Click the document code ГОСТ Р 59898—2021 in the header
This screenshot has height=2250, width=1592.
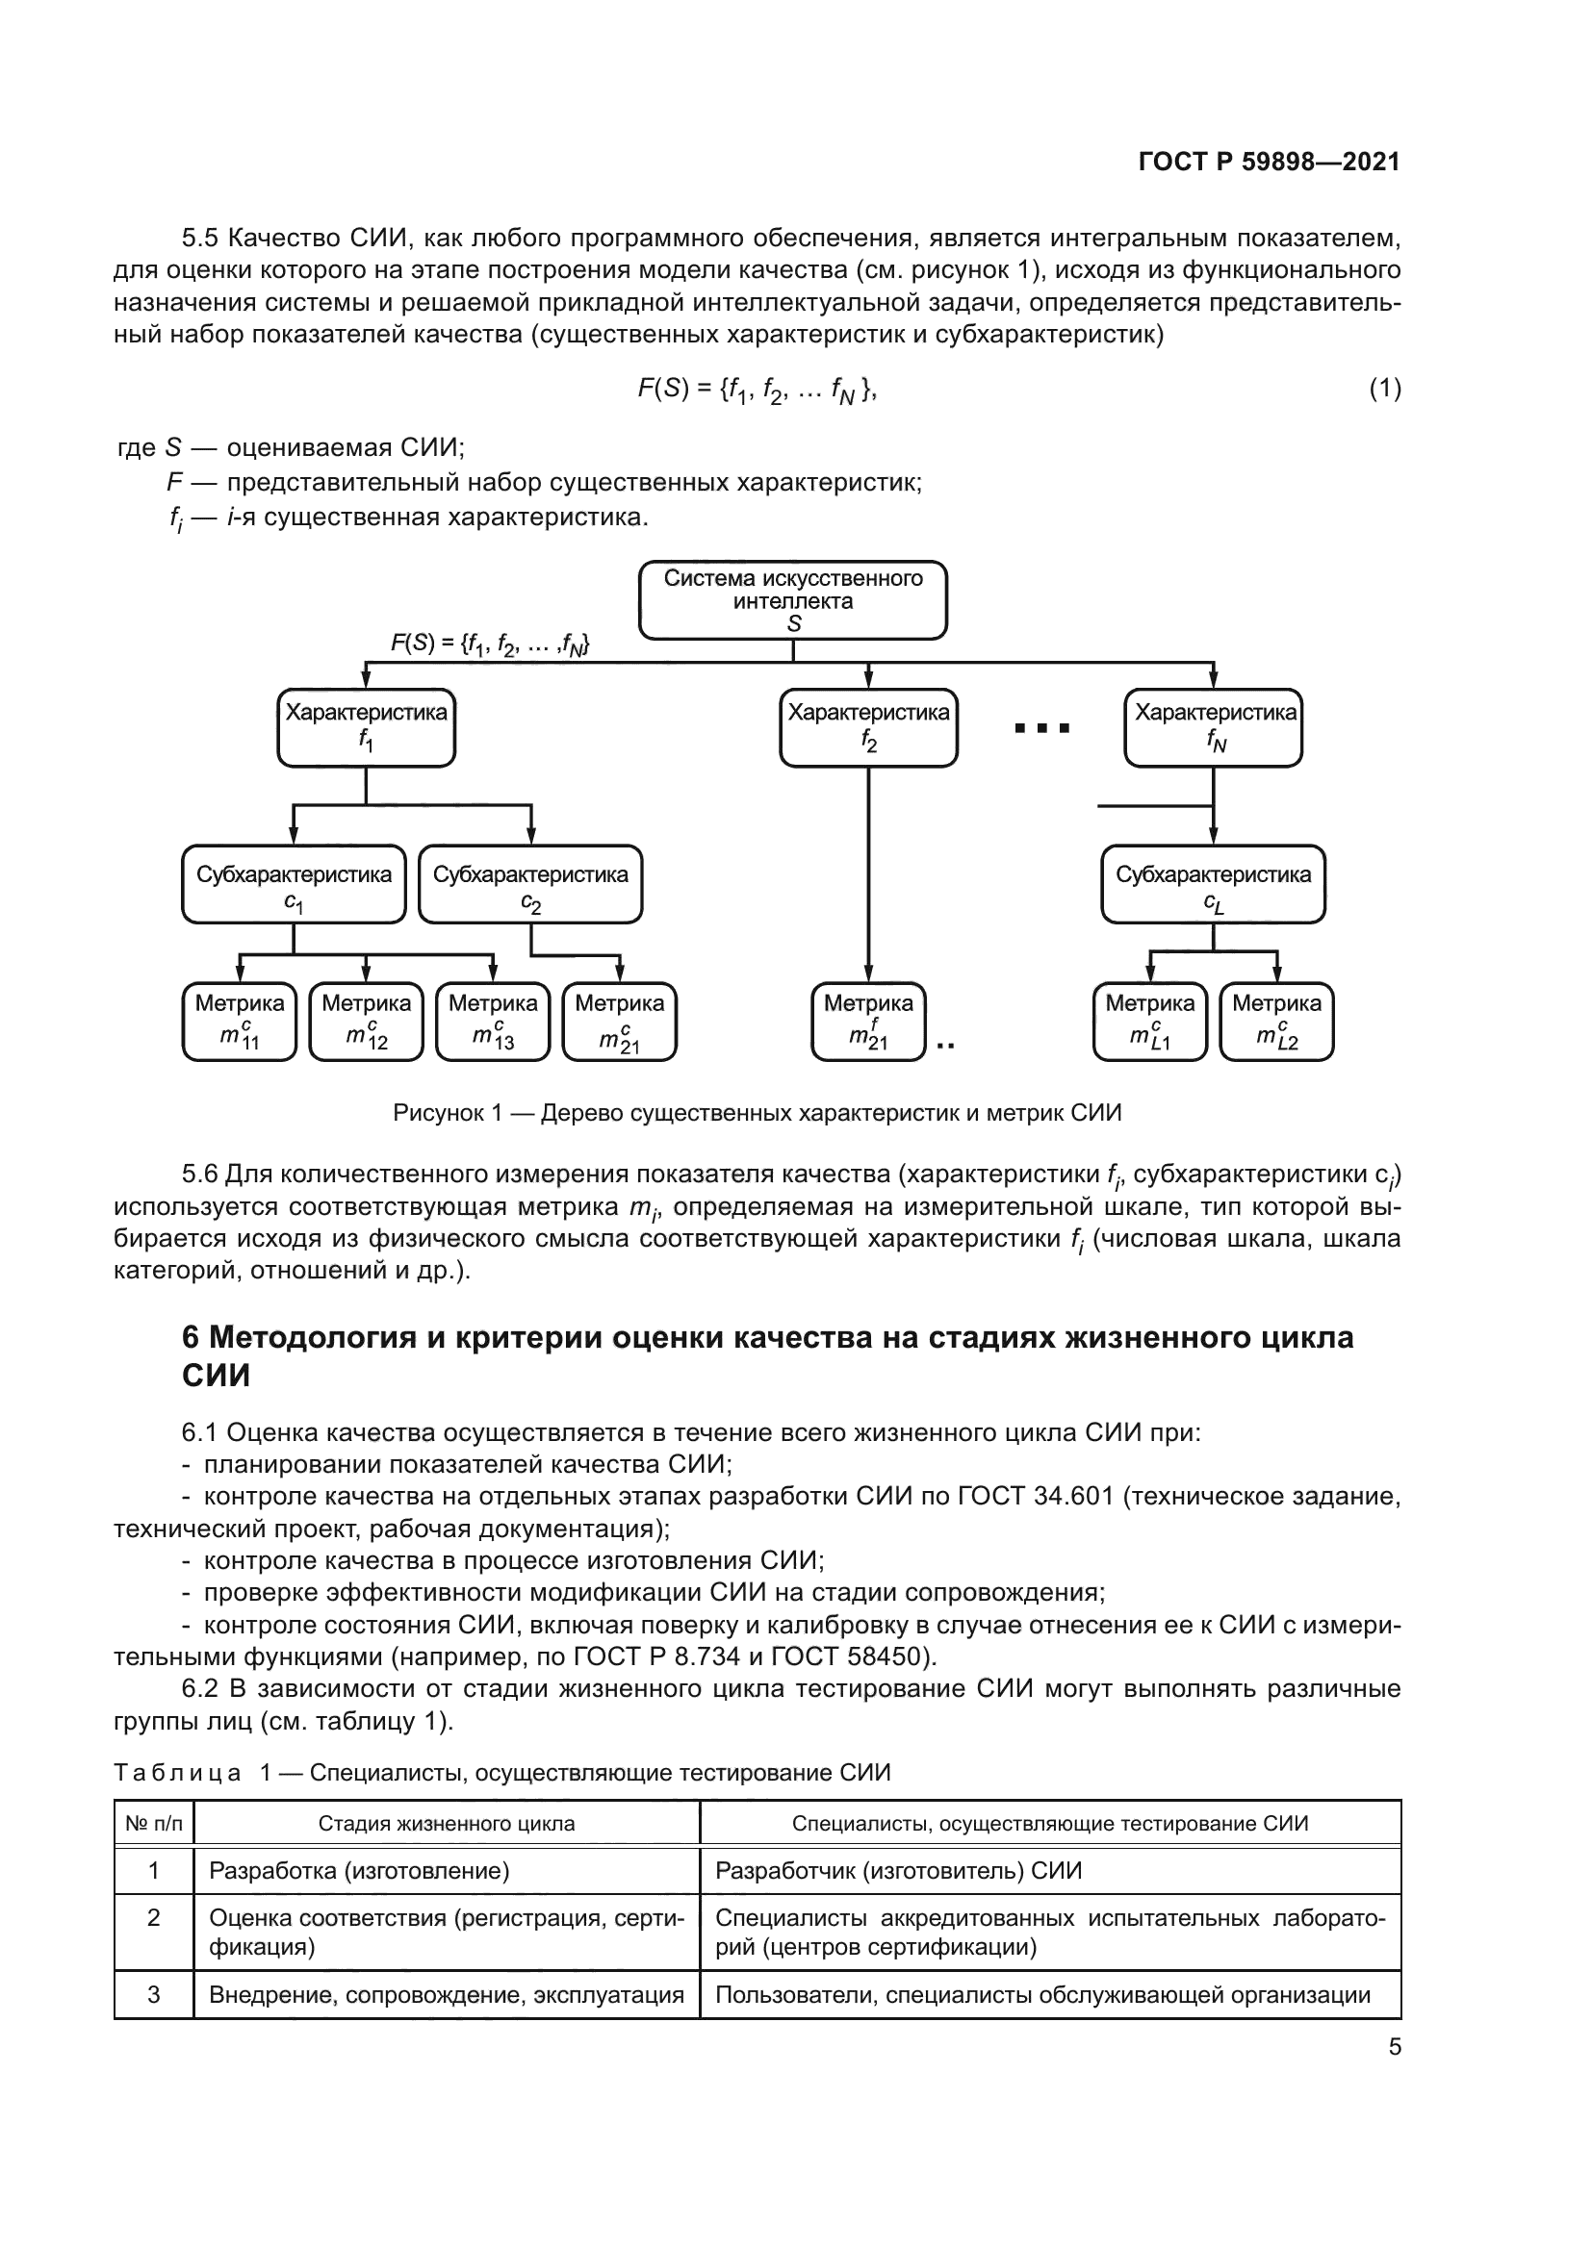tap(1269, 163)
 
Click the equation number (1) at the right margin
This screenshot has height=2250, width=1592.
tap(1384, 389)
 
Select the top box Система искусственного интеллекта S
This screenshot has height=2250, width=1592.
tap(792, 599)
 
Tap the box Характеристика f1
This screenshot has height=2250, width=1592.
tap(366, 727)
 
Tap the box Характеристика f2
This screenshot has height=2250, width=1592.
tap(867, 727)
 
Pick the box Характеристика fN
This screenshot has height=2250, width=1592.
tap(1213, 727)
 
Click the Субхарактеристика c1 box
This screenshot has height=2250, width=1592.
tap(294, 884)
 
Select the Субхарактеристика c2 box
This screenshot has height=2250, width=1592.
tap(530, 884)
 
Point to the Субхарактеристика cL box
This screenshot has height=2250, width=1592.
tap(1213, 884)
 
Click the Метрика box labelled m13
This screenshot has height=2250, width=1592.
tap(492, 1022)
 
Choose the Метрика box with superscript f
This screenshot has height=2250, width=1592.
tap(867, 1022)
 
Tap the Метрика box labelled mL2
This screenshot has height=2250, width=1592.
tap(1276, 1022)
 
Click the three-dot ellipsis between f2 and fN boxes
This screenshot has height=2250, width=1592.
tap(1041, 728)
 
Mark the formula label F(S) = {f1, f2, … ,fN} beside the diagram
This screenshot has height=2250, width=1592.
tap(489, 644)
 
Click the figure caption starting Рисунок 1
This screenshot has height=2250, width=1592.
tap(757, 1113)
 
